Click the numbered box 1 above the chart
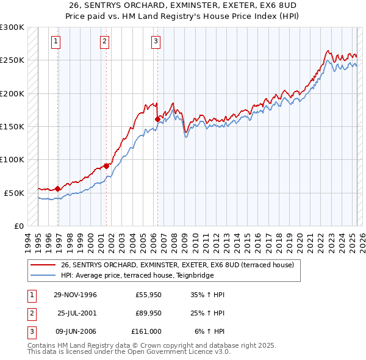pos(56,41)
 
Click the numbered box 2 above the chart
pos(104,41)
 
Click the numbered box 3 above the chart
pos(156,41)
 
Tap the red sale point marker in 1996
pos(58,189)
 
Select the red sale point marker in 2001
pos(106,166)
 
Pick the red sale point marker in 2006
pos(157,119)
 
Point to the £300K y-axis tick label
pos(12,27)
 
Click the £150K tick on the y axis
pos(12,126)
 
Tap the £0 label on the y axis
pos(18,226)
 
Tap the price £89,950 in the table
pos(148,313)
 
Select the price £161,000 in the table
pos(146,331)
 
